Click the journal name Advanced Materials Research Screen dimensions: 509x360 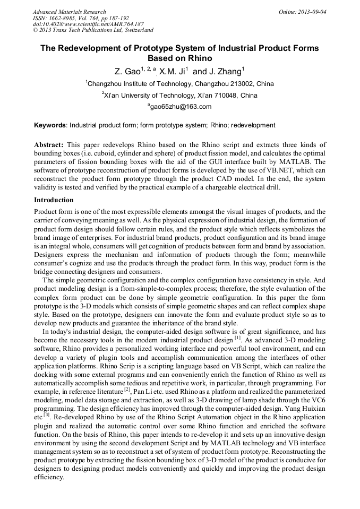pyautogui.click(x=69, y=12)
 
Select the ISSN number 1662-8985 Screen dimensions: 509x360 pyautogui.click(x=63, y=18)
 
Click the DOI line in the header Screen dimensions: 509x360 pyautogui.click(x=88, y=24)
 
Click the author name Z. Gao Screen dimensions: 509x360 pyautogui.click(x=127, y=71)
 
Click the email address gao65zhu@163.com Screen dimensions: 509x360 pyautogui.click(x=181, y=107)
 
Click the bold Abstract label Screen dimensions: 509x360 pyautogui.click(x=49, y=145)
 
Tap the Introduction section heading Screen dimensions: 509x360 pyautogui.click(x=54, y=200)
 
